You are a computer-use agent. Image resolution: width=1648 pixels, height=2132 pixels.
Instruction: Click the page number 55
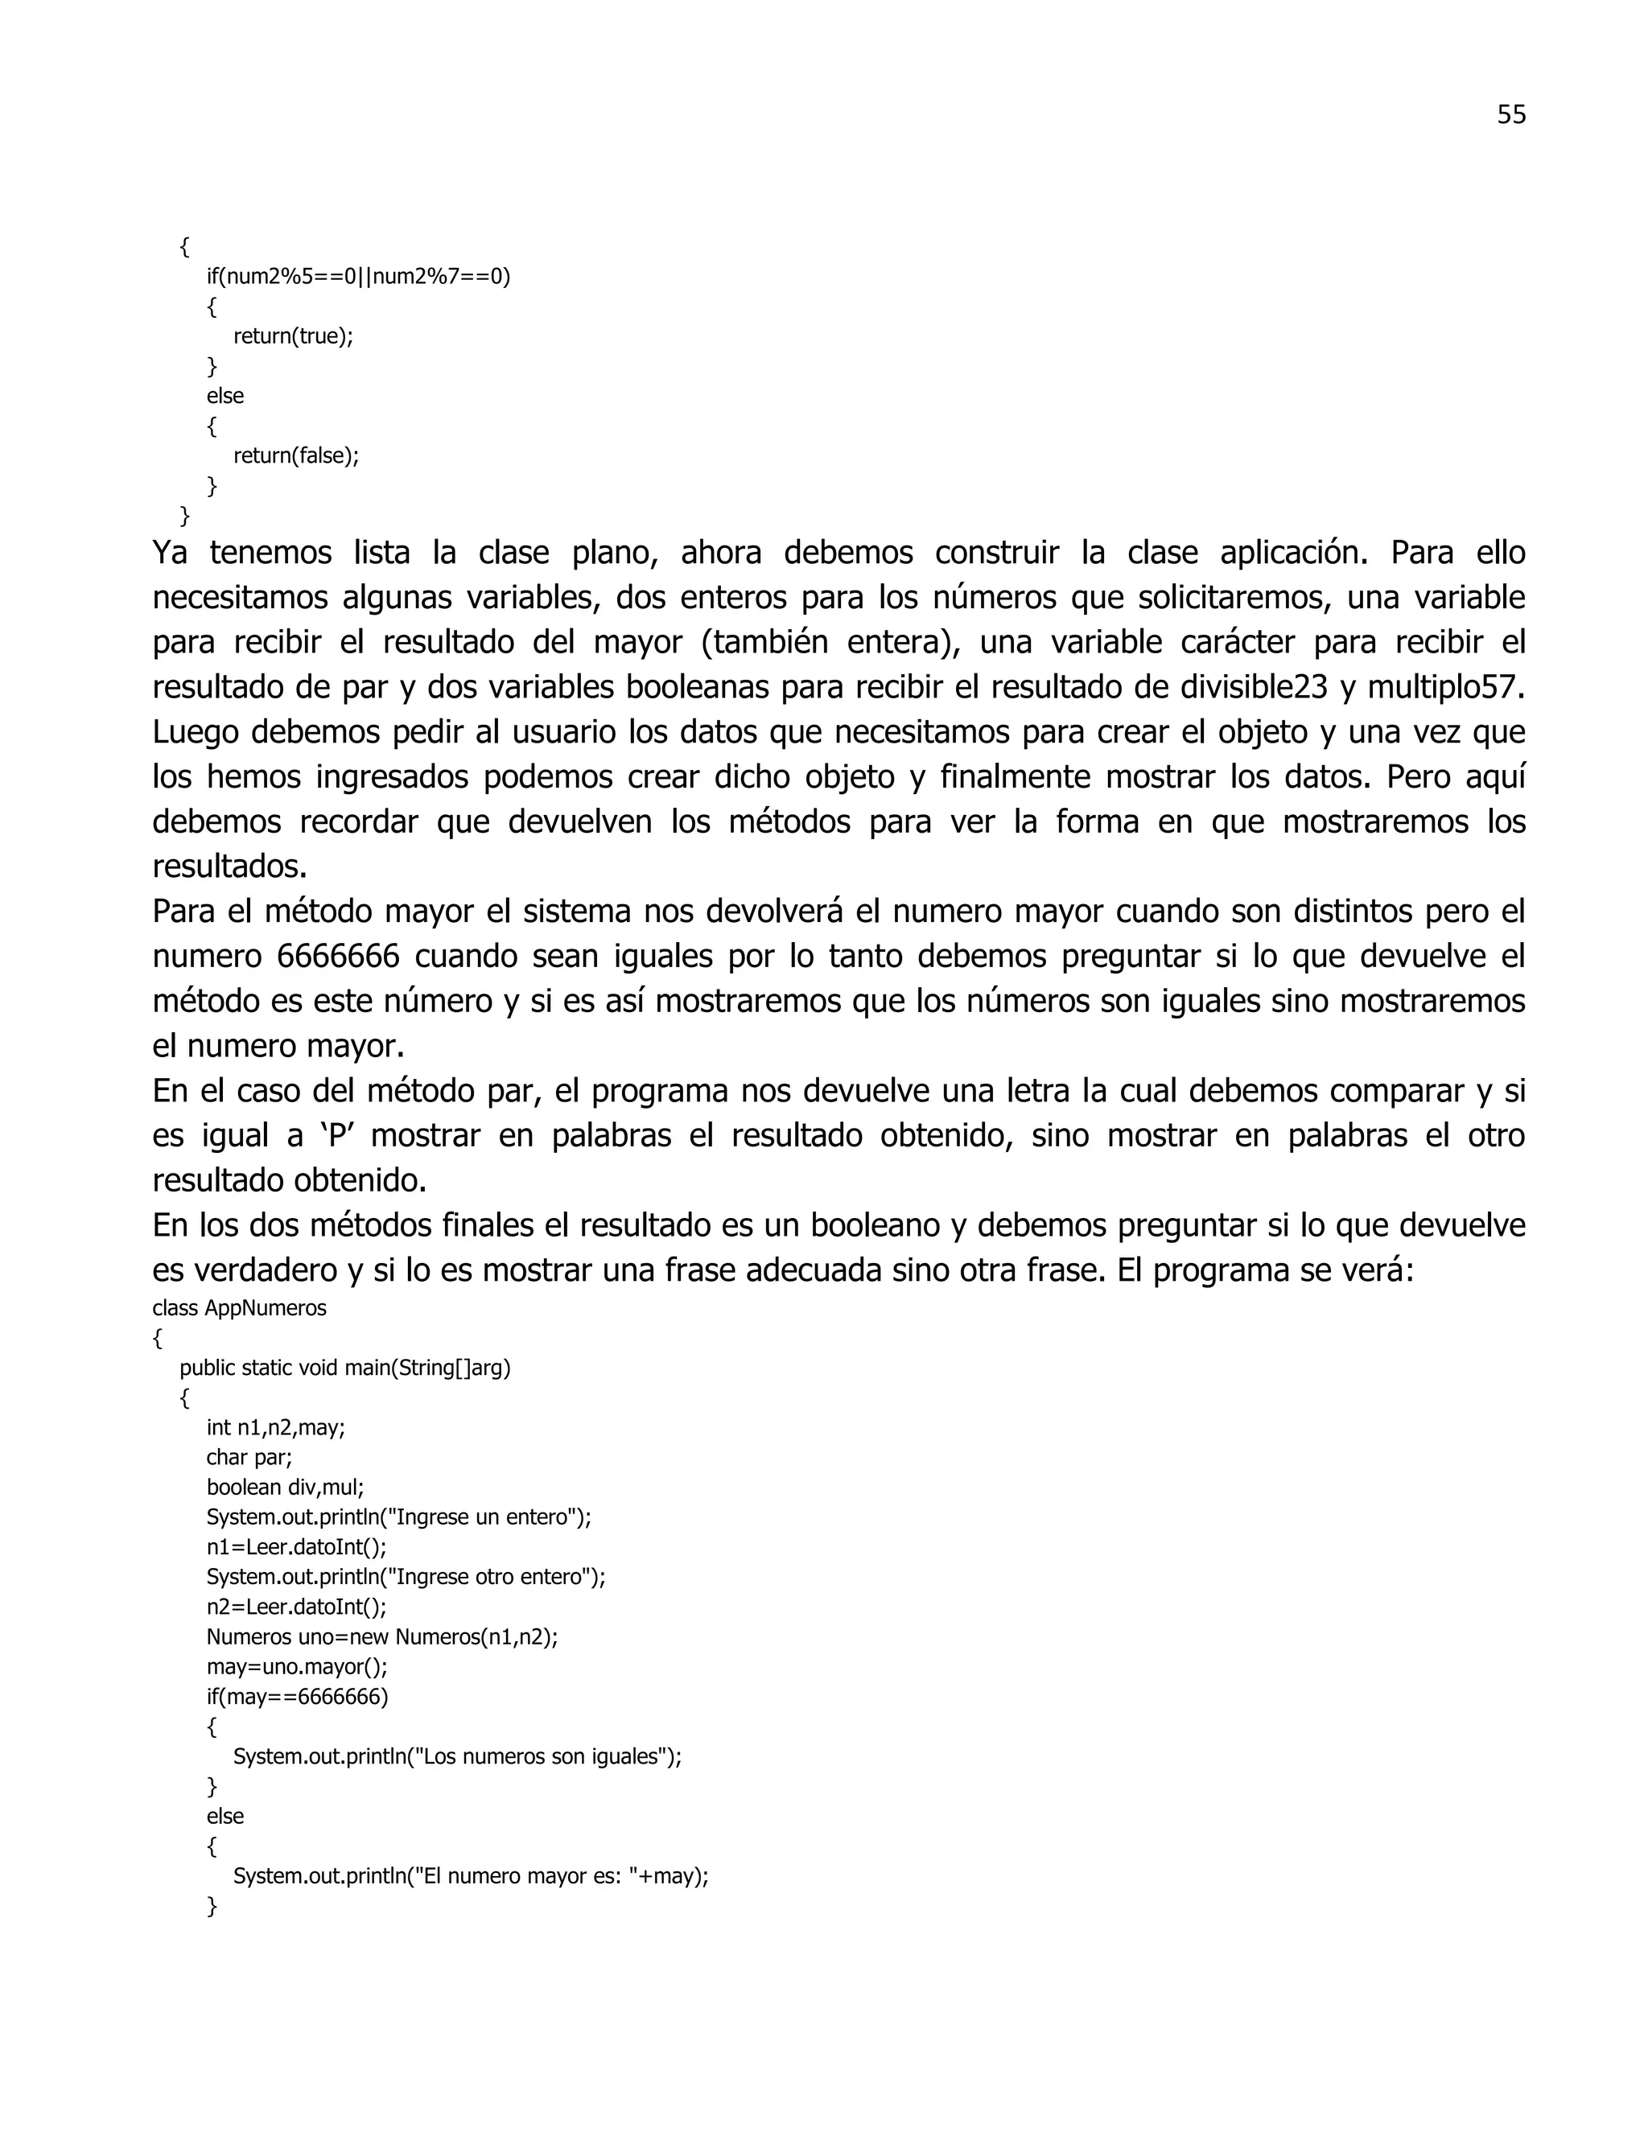pyautogui.click(x=1510, y=115)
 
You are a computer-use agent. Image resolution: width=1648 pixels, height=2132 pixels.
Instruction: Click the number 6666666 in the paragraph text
pyautogui.click(x=338, y=956)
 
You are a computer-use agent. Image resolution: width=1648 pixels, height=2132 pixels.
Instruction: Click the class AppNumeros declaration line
pyautogui.click(x=239, y=1308)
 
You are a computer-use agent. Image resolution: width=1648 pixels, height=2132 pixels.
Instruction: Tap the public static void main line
pyautogui.click(x=344, y=1368)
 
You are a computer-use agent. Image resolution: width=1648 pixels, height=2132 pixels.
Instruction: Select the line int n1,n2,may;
pyautogui.click(x=275, y=1428)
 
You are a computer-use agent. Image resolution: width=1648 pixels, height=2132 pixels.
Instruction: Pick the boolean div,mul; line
pyautogui.click(x=285, y=1488)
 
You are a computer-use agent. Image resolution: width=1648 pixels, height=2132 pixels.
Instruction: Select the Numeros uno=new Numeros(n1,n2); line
pyautogui.click(x=381, y=1637)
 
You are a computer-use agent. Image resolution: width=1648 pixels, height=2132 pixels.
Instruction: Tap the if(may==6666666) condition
pyautogui.click(x=297, y=1697)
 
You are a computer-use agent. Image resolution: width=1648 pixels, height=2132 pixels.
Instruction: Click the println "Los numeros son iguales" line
pyautogui.click(x=457, y=1757)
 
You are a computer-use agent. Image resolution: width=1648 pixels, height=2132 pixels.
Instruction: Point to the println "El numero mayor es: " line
pyautogui.click(x=471, y=1876)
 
